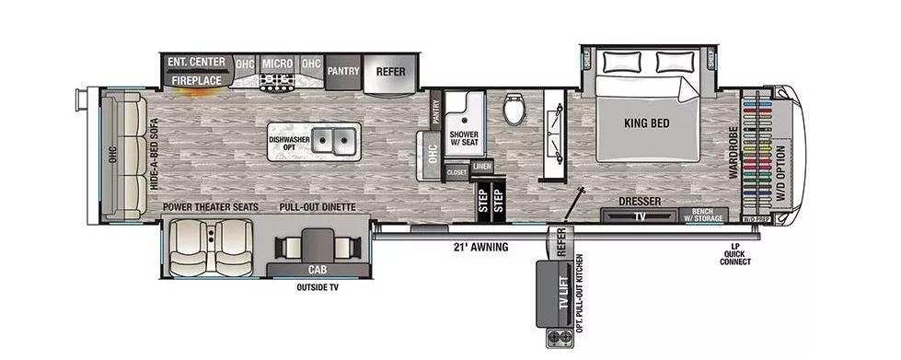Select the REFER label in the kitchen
click(x=391, y=71)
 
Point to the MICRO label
click(x=277, y=64)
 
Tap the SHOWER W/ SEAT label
click(x=464, y=138)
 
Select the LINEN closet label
click(x=481, y=166)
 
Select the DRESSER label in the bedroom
click(x=641, y=202)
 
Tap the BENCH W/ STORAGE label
click(x=707, y=215)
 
